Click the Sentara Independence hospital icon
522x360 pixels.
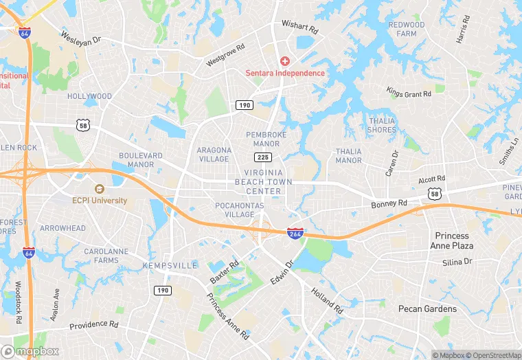click(x=284, y=62)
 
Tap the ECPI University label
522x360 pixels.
click(x=100, y=201)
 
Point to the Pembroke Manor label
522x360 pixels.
click(x=266, y=139)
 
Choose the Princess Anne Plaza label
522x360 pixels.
click(x=451, y=240)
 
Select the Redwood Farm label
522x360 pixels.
click(x=407, y=29)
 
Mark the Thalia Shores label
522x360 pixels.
click(x=381, y=125)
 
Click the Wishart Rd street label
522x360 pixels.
click(x=300, y=28)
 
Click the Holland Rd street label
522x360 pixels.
click(x=326, y=296)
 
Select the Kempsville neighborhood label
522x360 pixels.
click(x=170, y=265)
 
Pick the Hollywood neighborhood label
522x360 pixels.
click(x=89, y=97)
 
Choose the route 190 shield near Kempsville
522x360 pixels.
click(x=162, y=290)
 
